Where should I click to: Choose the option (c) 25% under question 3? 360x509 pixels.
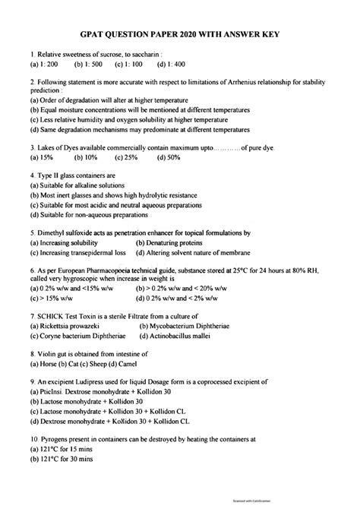click(126, 158)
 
